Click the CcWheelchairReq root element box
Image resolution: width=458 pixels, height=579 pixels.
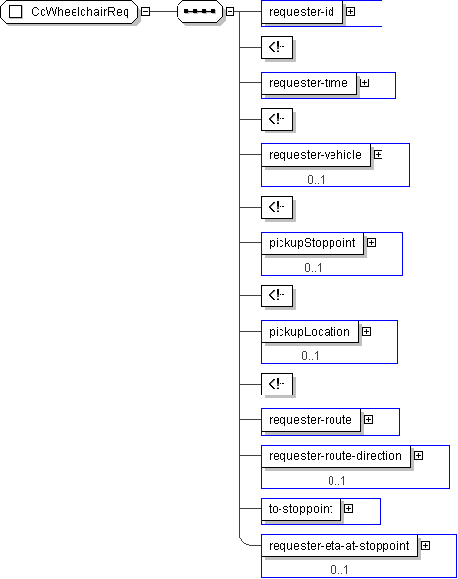[70, 12]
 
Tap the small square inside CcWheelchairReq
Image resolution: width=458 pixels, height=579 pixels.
[15, 12]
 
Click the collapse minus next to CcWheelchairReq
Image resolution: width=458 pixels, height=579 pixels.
[146, 12]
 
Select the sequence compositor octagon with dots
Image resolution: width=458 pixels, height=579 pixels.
[200, 12]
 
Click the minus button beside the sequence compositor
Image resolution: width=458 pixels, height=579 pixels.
[229, 12]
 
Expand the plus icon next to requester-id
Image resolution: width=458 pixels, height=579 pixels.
[350, 12]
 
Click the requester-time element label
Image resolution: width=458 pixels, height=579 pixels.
[308, 83]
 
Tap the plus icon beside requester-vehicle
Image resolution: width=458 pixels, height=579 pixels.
[378, 155]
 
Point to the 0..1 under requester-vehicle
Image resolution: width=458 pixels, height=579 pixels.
[316, 180]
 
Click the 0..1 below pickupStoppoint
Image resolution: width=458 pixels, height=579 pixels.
[313, 268]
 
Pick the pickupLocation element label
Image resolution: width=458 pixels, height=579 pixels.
[309, 332]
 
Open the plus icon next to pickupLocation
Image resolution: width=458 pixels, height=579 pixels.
[366, 332]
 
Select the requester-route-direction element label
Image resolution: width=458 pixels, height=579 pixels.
[335, 456]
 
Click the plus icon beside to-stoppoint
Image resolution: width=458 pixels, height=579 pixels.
[349, 509]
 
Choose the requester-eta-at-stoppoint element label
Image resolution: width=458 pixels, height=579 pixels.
[338, 546]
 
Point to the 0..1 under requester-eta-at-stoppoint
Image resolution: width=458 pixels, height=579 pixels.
[339, 570]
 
